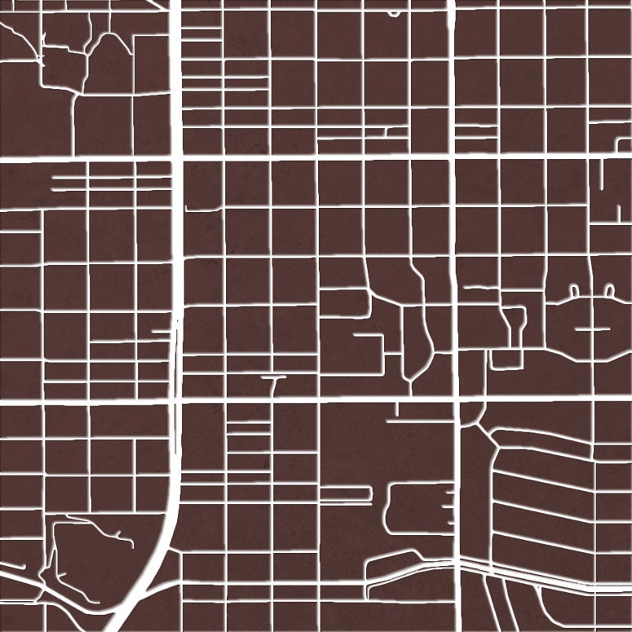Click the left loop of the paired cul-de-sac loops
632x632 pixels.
coord(574,290)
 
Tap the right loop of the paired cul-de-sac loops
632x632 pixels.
coord(609,289)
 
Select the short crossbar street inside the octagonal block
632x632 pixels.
coord(593,328)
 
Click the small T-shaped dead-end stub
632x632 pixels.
coord(274,379)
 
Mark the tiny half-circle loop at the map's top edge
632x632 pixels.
coord(395,13)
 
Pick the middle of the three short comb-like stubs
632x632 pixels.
coord(449,506)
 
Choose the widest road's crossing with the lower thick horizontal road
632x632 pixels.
coord(175,401)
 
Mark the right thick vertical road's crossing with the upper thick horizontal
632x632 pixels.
coord(452,154)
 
